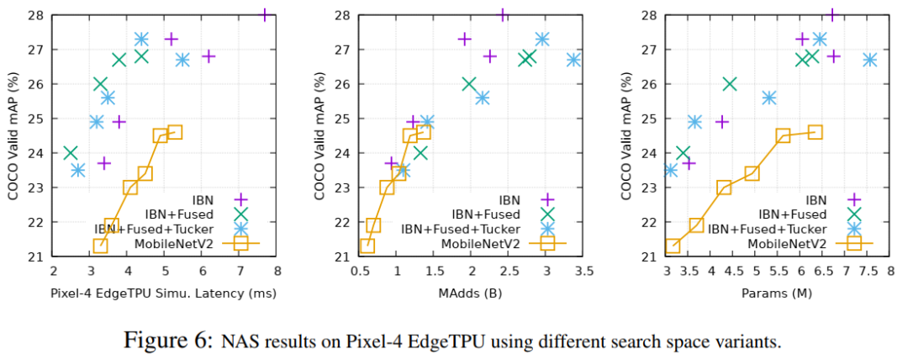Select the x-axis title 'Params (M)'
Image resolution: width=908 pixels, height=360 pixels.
[x=779, y=294]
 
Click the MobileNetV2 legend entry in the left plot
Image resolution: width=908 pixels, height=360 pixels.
[x=187, y=244]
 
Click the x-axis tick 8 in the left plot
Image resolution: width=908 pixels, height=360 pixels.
[x=277, y=271]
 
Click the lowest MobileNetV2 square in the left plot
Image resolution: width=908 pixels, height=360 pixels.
[x=100, y=246]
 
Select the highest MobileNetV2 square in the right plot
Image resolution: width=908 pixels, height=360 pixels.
[x=814, y=132]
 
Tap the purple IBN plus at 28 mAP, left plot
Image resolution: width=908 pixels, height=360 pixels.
[x=265, y=15]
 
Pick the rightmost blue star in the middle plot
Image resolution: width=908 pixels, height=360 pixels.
[x=573, y=60]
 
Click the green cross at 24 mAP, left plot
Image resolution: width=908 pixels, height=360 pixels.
[x=71, y=153]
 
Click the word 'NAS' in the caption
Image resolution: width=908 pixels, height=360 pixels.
[x=240, y=341]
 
